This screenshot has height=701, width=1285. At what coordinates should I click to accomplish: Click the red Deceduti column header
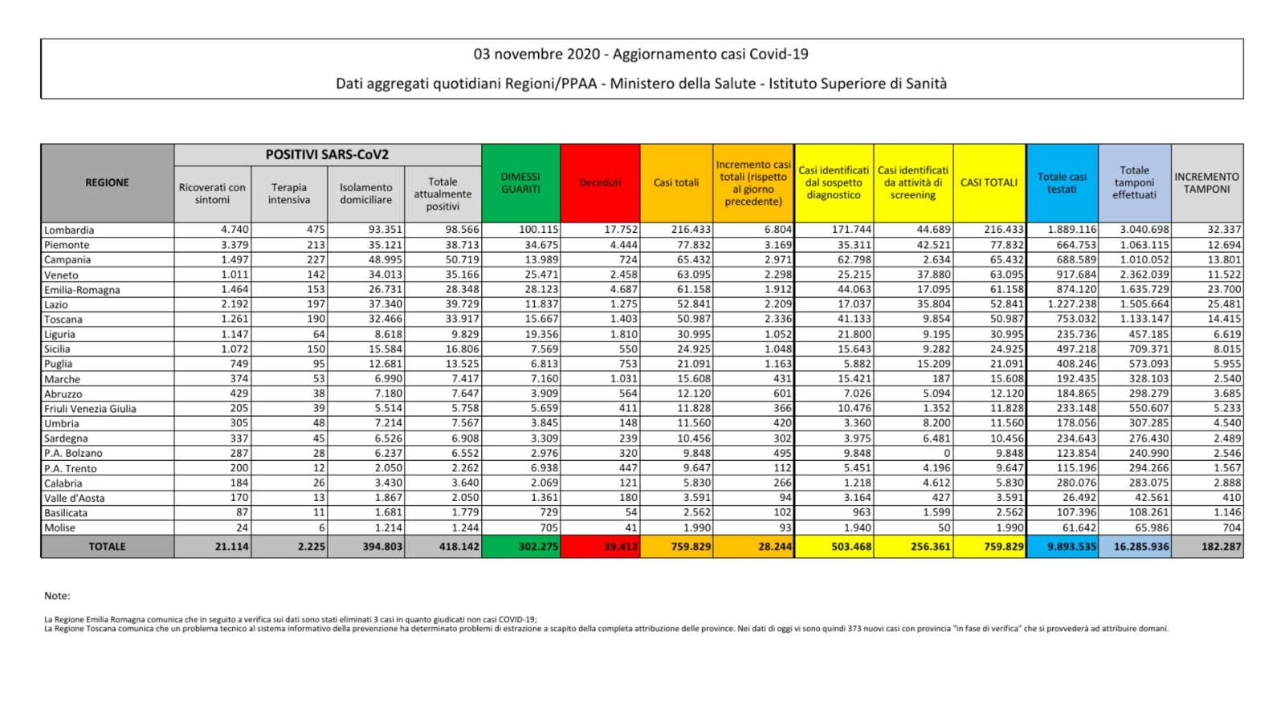[600, 183]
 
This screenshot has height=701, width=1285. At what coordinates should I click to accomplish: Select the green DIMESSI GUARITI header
[520, 183]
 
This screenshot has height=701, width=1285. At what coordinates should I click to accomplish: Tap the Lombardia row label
[69, 230]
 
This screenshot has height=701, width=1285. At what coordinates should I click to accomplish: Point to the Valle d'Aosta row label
[75, 498]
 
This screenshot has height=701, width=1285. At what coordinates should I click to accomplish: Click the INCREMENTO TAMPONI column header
[1206, 183]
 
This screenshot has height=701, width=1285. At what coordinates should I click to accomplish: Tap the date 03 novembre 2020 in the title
[536, 55]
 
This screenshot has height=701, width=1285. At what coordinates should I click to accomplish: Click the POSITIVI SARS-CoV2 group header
[327, 155]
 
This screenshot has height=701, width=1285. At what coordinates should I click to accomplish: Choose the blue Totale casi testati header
[1062, 183]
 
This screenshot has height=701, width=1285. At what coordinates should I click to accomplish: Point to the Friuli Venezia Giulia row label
[90, 409]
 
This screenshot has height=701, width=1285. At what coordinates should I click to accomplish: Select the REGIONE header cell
[107, 183]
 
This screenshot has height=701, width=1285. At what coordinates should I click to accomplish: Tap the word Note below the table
[57, 596]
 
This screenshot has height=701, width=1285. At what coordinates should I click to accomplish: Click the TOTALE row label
[107, 546]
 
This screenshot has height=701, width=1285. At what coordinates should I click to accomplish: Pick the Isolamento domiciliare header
[365, 194]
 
